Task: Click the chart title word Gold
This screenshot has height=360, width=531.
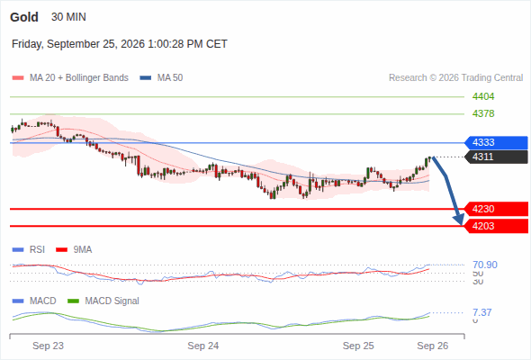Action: (24, 17)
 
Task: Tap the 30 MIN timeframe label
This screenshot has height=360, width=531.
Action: (68, 17)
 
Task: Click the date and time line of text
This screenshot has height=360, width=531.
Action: (119, 44)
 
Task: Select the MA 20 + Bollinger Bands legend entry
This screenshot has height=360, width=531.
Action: (70, 78)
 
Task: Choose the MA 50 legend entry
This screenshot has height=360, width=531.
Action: (161, 78)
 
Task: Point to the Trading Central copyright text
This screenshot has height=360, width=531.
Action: (455, 78)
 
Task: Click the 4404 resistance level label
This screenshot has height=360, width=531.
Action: (483, 97)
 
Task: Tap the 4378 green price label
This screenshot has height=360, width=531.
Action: (483, 113)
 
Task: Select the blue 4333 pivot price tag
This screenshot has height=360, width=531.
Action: (496, 142)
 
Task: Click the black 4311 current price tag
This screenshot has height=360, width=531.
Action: (496, 157)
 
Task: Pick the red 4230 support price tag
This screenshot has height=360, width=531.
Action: (496, 209)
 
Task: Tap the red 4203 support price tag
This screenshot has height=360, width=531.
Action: (496, 226)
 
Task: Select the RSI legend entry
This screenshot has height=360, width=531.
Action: (29, 250)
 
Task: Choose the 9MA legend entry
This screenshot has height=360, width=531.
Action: (74, 250)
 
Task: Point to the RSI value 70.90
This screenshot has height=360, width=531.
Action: (485, 265)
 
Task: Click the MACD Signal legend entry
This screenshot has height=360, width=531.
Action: (103, 301)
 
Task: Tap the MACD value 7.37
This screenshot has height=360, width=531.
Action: (482, 312)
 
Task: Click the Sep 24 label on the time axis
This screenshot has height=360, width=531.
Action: (203, 346)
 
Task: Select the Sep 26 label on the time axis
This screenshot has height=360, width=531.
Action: (433, 346)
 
